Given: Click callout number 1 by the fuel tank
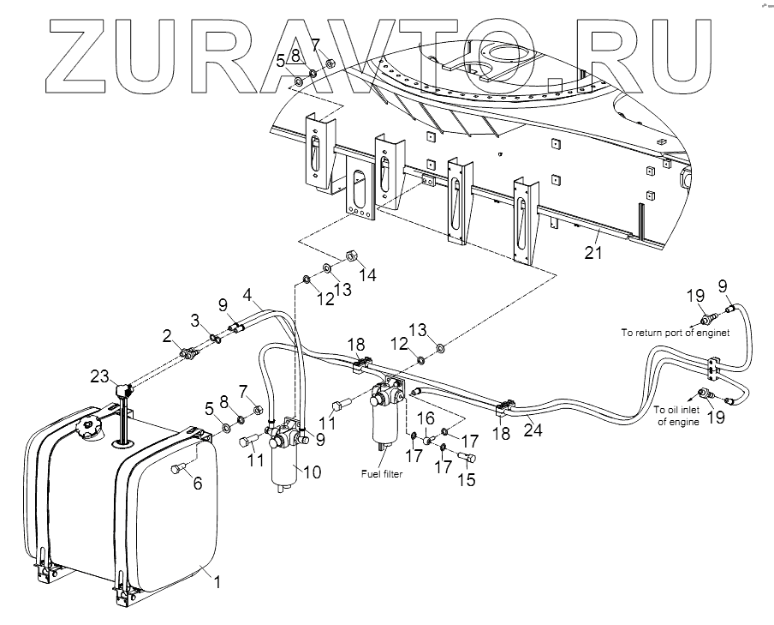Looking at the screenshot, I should pyautogui.click(x=217, y=582).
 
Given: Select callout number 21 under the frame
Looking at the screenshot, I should pyautogui.click(x=593, y=252).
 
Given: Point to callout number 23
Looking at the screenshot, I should pyautogui.click(x=100, y=375).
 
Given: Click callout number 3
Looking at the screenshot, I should pyautogui.click(x=195, y=320).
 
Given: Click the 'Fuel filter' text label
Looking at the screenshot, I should pyautogui.click(x=383, y=472).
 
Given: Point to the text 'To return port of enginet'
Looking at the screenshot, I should pyautogui.click(x=675, y=333).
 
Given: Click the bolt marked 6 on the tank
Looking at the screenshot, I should pyautogui.click(x=179, y=468).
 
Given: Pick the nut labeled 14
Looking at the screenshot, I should pyautogui.click(x=350, y=255).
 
